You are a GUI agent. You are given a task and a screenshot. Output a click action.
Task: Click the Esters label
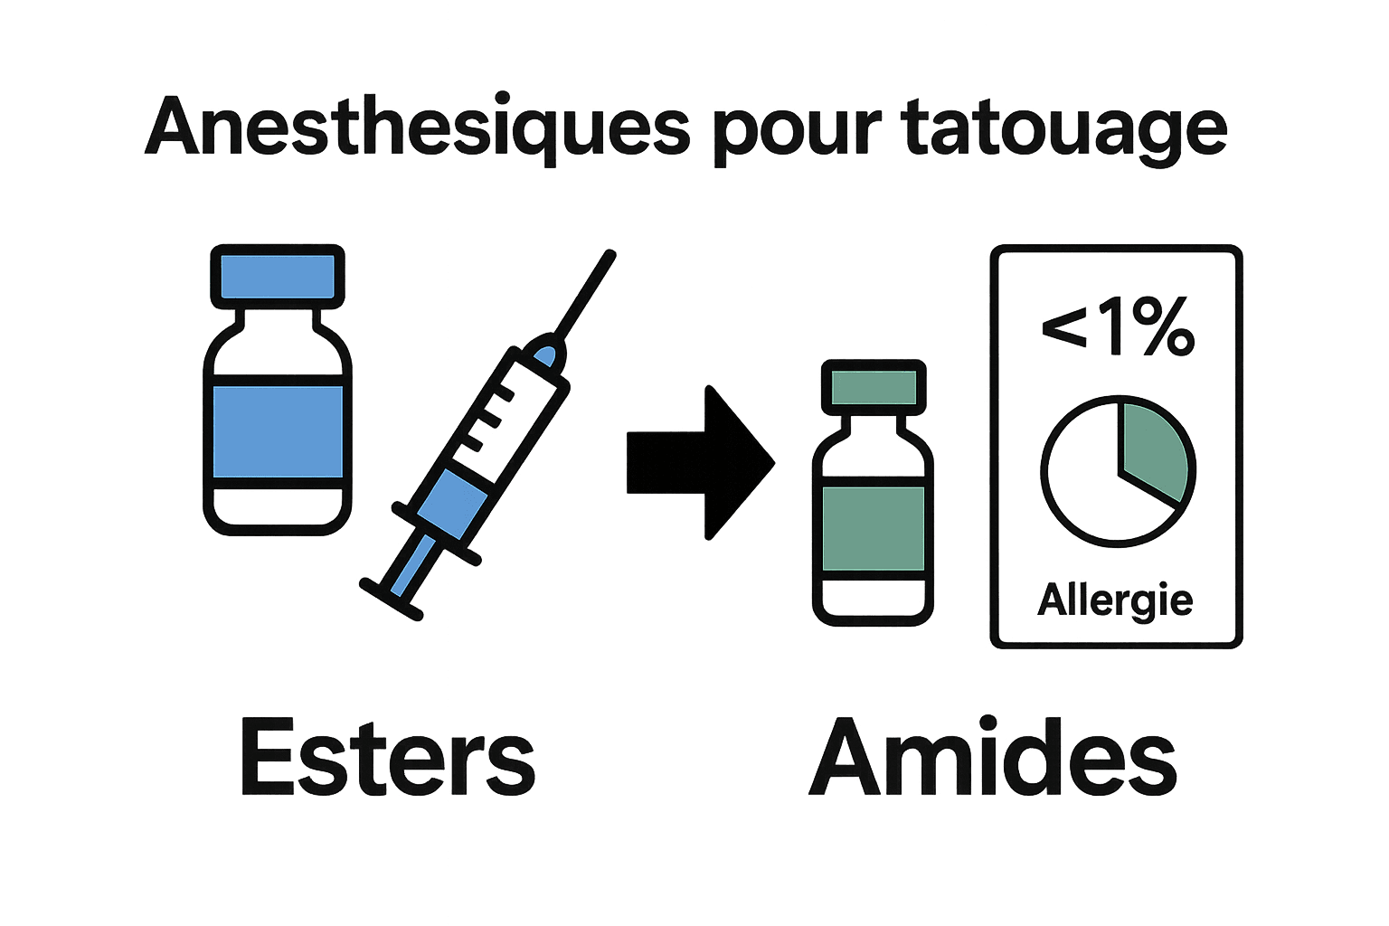[387, 758]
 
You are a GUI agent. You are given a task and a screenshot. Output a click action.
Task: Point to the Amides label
[993, 758]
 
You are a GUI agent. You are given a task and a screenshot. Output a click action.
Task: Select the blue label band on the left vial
[278, 431]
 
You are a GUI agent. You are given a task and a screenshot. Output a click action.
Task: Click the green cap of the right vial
[874, 387]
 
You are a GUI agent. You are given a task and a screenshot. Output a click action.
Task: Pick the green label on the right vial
[874, 528]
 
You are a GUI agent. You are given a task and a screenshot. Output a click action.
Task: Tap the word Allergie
[1115, 600]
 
